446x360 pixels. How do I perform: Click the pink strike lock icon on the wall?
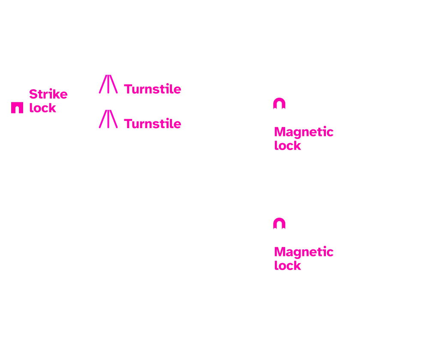(17, 108)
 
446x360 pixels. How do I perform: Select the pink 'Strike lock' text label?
(48, 101)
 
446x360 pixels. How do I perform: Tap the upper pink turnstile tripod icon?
(109, 84)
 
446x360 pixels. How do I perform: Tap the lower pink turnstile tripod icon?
(109, 120)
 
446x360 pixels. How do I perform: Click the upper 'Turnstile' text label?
(152, 90)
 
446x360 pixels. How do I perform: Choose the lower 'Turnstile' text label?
(152, 124)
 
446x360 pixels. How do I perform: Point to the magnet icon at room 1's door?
(280, 105)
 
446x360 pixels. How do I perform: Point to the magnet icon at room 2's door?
(280, 225)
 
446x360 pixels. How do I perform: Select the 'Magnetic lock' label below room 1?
(303, 138)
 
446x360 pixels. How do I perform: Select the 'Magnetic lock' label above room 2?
(303, 258)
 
